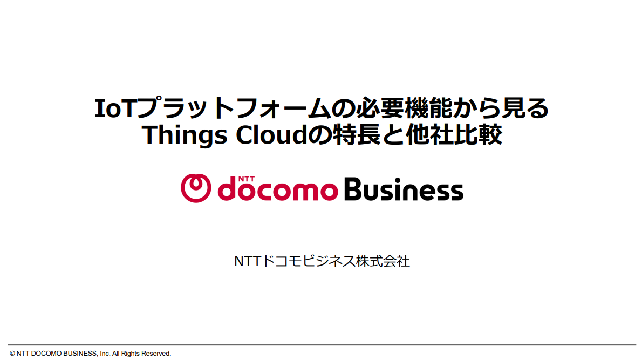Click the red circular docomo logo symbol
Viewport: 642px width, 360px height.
tap(195, 188)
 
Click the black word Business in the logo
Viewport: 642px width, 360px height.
tap(402, 189)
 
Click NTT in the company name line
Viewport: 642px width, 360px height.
tap(247, 262)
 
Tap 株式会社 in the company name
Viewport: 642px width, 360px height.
tap(383, 262)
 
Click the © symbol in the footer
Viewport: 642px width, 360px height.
tap(12, 354)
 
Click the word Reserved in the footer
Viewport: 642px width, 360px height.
tap(156, 354)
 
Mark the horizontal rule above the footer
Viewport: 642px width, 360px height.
tap(321, 345)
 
